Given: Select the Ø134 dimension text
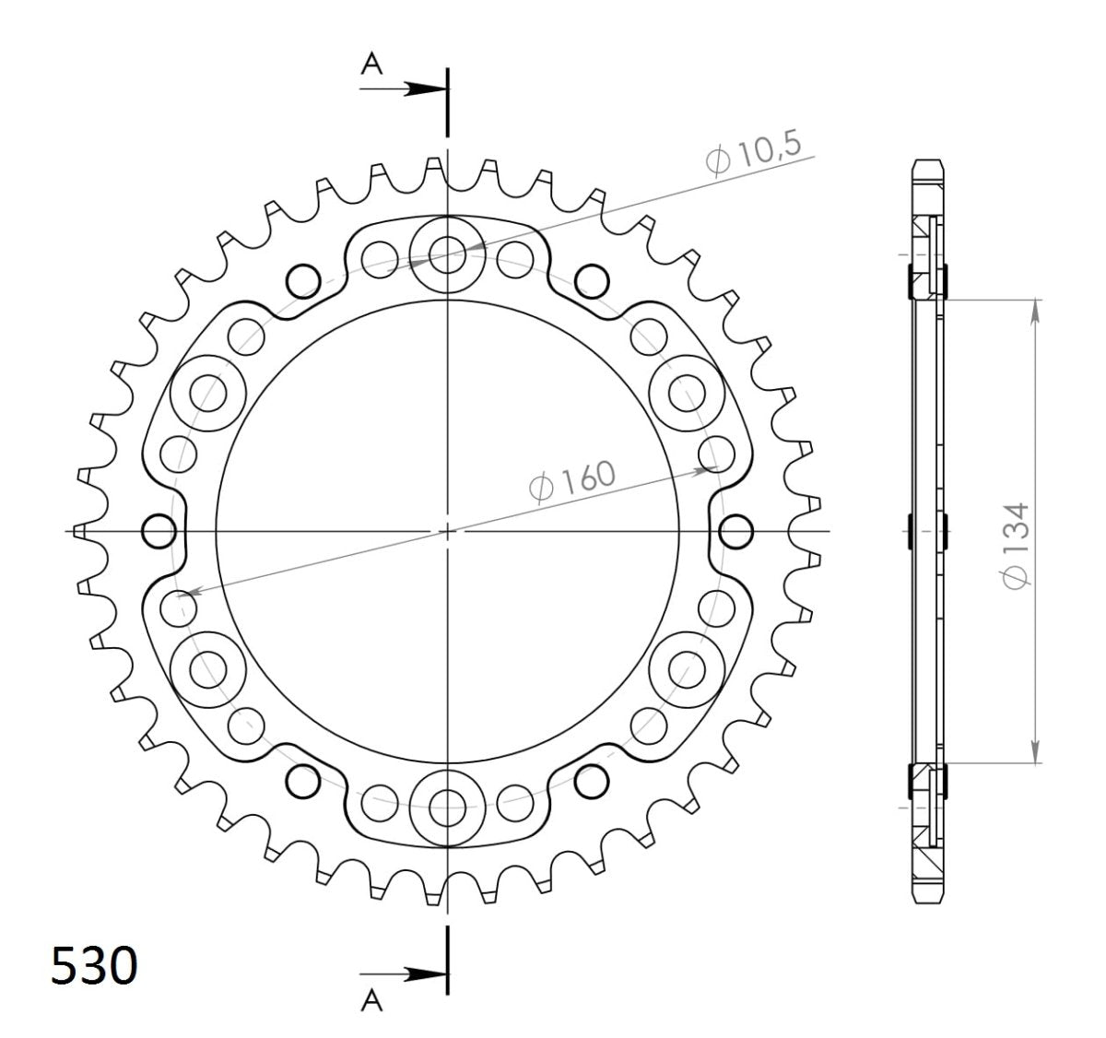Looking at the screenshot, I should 1016,544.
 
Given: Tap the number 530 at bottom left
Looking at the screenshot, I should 93,966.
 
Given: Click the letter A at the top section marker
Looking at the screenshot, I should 371,63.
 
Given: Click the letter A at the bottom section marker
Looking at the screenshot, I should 371,1000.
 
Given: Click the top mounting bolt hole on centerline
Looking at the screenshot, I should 448,251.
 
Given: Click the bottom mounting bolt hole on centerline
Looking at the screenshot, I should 448,803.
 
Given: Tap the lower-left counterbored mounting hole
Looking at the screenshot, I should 208,664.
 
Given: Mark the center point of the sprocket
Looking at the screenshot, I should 448,531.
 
